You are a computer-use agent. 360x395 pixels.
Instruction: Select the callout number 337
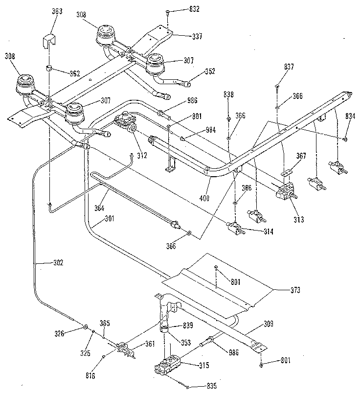tap(183, 36)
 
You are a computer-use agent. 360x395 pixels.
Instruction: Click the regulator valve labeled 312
tap(125, 123)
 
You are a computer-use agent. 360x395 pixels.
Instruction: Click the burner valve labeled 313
tap(285, 194)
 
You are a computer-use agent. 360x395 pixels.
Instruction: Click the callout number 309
tap(269, 324)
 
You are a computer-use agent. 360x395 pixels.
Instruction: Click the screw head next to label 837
tap(277, 86)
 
